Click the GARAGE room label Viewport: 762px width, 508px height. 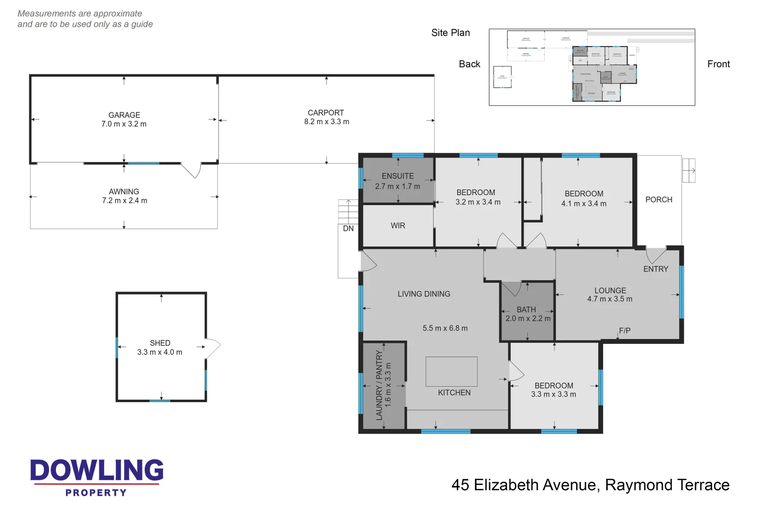point(124,115)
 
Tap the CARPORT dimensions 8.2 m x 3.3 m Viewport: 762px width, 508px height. point(326,122)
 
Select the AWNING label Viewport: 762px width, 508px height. point(124,191)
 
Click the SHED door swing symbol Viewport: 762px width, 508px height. point(213,348)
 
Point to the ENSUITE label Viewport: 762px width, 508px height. point(397,176)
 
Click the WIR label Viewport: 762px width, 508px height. point(397,226)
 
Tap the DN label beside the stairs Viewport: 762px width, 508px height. point(348,229)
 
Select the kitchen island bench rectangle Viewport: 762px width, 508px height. point(451,371)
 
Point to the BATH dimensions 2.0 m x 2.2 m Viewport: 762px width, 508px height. point(528,318)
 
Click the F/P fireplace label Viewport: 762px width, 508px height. point(624,331)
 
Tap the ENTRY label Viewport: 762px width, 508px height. point(655,269)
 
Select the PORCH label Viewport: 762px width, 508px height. point(659,199)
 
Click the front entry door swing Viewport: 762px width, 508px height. point(655,255)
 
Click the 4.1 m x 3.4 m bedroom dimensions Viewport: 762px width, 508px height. point(583,204)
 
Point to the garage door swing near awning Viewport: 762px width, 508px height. point(192,170)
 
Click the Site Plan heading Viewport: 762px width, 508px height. point(450,33)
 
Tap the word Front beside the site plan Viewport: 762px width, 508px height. point(718,64)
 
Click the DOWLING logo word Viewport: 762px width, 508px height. point(97,470)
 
